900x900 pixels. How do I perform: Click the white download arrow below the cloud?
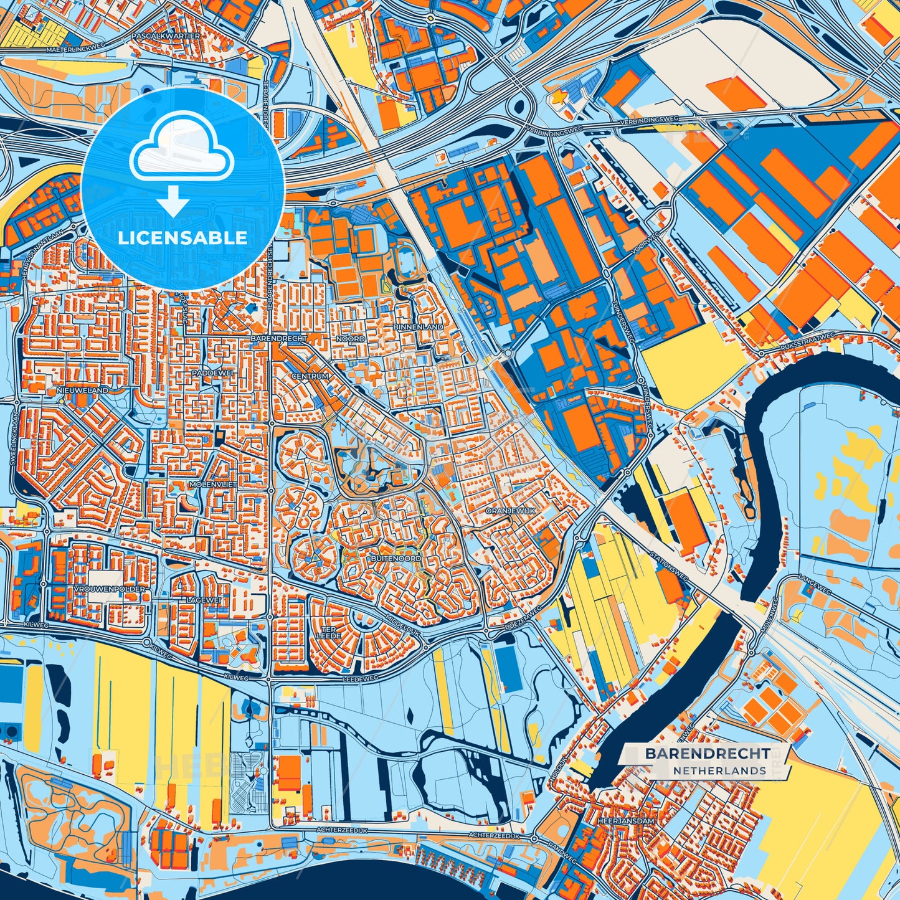click(174, 201)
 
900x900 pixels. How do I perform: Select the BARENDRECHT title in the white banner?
click(707, 753)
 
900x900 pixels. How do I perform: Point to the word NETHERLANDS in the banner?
click(719, 770)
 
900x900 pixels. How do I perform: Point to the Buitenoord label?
click(396, 559)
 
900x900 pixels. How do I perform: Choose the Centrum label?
click(310, 377)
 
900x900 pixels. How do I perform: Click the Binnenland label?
click(418, 326)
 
